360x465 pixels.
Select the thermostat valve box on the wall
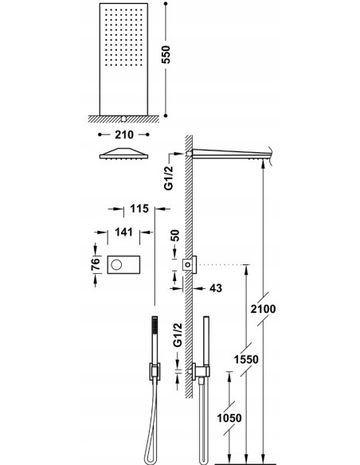[190, 264]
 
